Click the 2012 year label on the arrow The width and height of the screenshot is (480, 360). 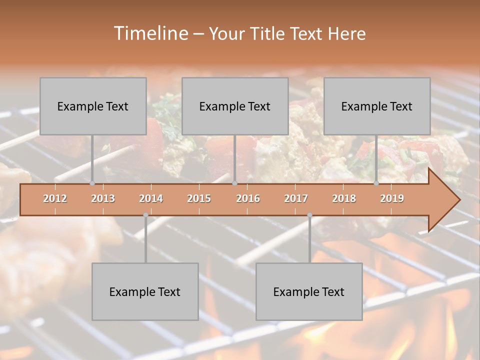pyautogui.click(x=55, y=198)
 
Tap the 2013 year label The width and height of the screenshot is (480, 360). pyautogui.click(x=103, y=198)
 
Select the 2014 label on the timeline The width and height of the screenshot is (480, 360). pyautogui.click(x=151, y=198)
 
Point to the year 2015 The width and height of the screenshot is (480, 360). pyautogui.click(x=199, y=198)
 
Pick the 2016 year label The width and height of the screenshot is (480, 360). pyautogui.click(x=248, y=198)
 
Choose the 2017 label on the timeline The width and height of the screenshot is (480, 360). pyautogui.click(x=296, y=198)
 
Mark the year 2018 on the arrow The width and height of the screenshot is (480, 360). pyautogui.click(x=344, y=198)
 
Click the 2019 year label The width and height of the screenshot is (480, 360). pyautogui.click(x=392, y=198)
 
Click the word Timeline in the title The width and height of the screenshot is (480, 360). pyautogui.click(x=150, y=33)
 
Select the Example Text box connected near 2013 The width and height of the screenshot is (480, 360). pyautogui.click(x=93, y=106)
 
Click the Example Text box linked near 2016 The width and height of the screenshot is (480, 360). pyautogui.click(x=235, y=106)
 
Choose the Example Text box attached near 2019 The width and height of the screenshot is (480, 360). pyautogui.click(x=377, y=106)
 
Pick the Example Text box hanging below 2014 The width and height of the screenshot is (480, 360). pyautogui.click(x=145, y=291)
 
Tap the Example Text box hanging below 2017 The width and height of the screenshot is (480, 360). pyautogui.click(x=309, y=291)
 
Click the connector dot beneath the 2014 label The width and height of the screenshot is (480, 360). pyautogui.click(x=145, y=215)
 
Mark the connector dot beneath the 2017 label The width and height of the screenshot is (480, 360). pyautogui.click(x=309, y=215)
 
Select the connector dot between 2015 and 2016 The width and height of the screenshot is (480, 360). pyautogui.click(x=234, y=183)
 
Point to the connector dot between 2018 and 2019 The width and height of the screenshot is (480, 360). pyautogui.click(x=376, y=183)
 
